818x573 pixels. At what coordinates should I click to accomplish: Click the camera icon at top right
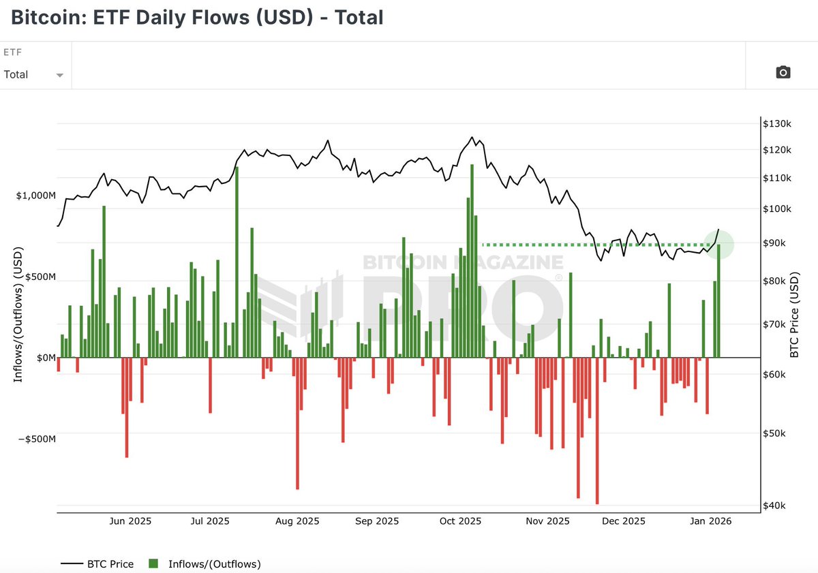click(783, 72)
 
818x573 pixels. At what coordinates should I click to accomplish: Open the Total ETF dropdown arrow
click(60, 76)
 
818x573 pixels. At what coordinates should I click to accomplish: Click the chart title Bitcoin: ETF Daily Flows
click(197, 17)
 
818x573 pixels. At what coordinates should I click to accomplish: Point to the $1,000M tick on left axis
click(35, 196)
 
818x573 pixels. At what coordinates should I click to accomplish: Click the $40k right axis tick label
click(775, 506)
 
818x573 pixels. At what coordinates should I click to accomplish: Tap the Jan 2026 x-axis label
click(710, 522)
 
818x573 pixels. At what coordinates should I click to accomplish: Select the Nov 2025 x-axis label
click(547, 522)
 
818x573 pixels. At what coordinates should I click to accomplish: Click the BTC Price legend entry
click(97, 564)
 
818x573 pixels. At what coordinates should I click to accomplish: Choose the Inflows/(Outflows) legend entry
click(204, 564)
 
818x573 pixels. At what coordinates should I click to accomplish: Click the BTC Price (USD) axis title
click(795, 303)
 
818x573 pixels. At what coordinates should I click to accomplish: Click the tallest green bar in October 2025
click(472, 259)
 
